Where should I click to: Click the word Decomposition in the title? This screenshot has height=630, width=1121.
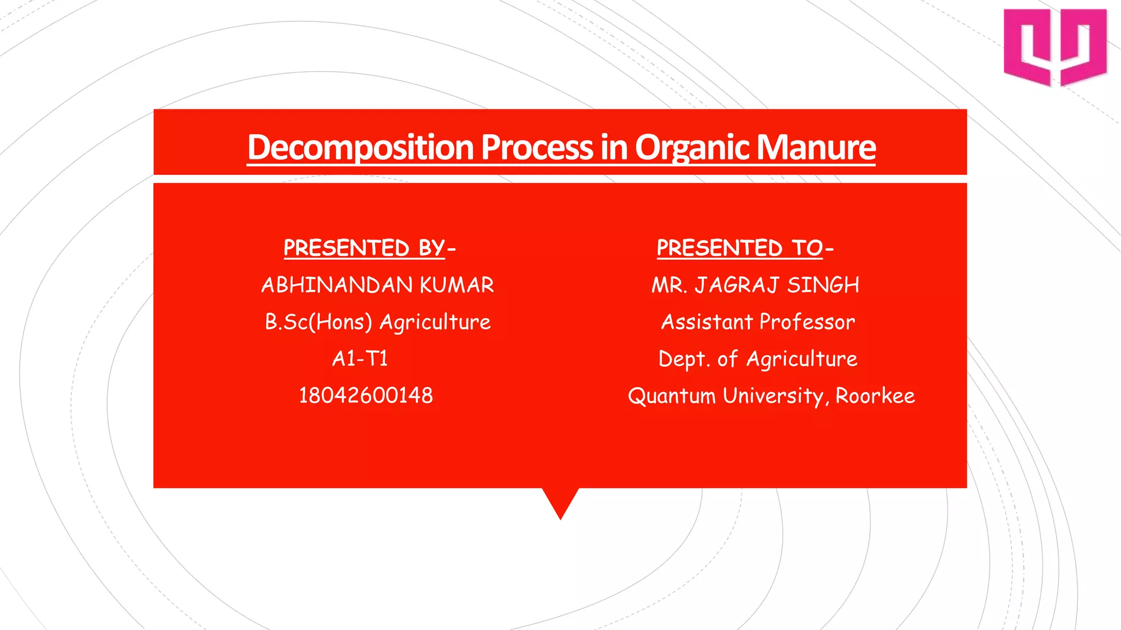(360, 148)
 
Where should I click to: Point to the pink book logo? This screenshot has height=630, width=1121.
(1055, 48)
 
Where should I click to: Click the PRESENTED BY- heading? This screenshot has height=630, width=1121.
(369, 248)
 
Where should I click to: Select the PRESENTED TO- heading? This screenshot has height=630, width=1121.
(745, 248)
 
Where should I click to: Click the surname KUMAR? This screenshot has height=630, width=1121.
(457, 285)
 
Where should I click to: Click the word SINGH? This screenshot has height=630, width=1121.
(823, 285)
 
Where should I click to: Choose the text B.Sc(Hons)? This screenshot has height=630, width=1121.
(319, 322)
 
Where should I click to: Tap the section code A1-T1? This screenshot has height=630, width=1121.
(360, 359)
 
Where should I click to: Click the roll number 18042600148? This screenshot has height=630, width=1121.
(366, 395)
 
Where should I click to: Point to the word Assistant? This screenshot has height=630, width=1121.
(707, 322)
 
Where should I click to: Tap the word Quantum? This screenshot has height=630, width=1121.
(672, 396)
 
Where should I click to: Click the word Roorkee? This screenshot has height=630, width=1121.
(875, 396)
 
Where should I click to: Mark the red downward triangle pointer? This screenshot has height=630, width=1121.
(560, 500)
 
